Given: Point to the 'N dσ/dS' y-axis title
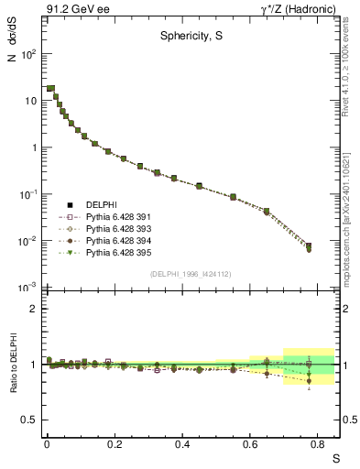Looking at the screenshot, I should [x=12, y=41].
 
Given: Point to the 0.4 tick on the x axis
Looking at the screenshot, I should [x=181, y=443].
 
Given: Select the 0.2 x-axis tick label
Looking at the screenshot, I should [x=114, y=443].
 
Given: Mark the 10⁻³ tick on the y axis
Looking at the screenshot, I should [x=28, y=288].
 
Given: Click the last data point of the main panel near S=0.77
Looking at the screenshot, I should [x=309, y=247].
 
